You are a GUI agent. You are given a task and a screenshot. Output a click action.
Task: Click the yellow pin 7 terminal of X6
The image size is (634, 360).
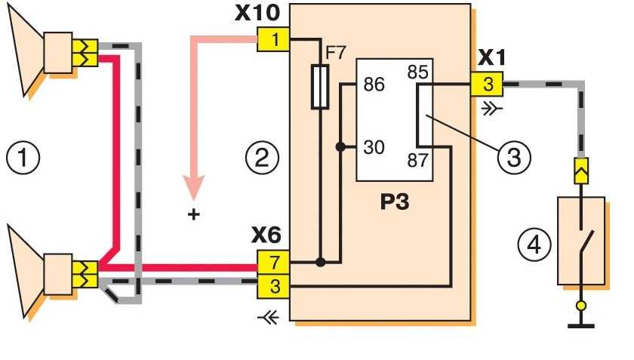click(x=272, y=263)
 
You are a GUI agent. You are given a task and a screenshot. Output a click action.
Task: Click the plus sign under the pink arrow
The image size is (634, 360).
click(x=195, y=214)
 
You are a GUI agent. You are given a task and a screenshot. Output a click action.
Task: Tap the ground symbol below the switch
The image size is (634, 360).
click(x=580, y=324)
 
